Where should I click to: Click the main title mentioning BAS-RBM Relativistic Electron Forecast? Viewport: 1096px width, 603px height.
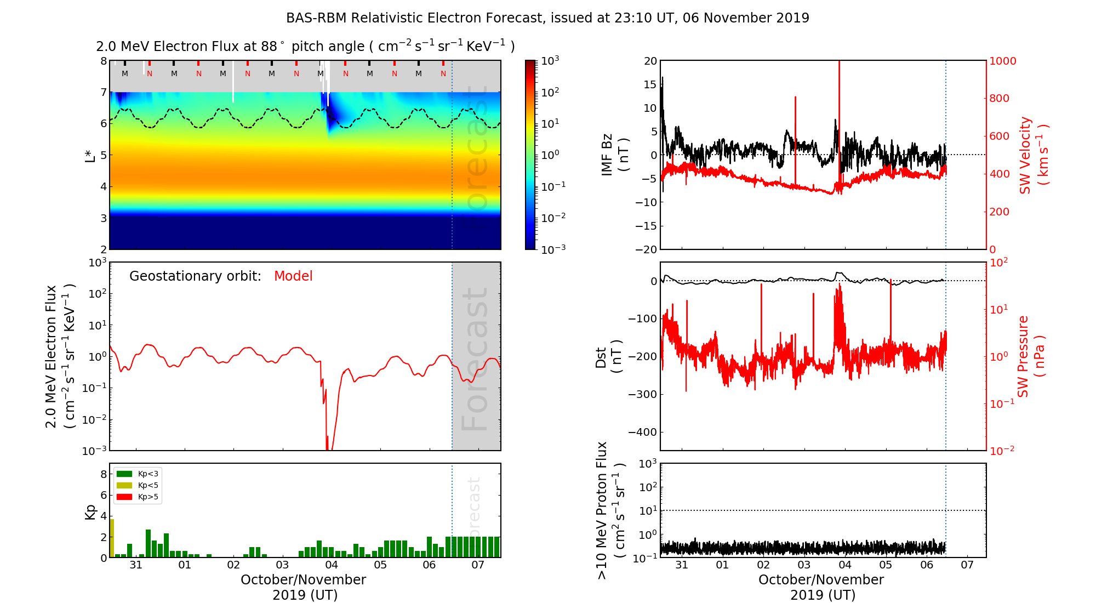547,18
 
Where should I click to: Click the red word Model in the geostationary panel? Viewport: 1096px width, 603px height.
293,276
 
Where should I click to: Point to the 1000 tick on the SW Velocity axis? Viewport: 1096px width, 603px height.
1002,61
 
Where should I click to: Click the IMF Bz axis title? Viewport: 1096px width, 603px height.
615,155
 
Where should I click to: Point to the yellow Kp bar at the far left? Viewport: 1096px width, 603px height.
112,538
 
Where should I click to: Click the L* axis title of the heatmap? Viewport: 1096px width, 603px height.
90,155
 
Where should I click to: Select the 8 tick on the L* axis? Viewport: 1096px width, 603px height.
103,61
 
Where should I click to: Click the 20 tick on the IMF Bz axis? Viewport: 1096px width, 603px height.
650,61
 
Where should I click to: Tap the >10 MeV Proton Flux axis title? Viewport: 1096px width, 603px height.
610,510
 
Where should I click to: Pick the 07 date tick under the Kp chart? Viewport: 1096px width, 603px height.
478,565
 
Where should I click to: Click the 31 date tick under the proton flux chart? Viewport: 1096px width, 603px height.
682,565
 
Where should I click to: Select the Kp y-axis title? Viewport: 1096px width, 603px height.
90,512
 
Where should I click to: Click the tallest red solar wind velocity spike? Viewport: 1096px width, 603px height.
839,110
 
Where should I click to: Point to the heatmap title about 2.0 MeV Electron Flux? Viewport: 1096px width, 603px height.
305,47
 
